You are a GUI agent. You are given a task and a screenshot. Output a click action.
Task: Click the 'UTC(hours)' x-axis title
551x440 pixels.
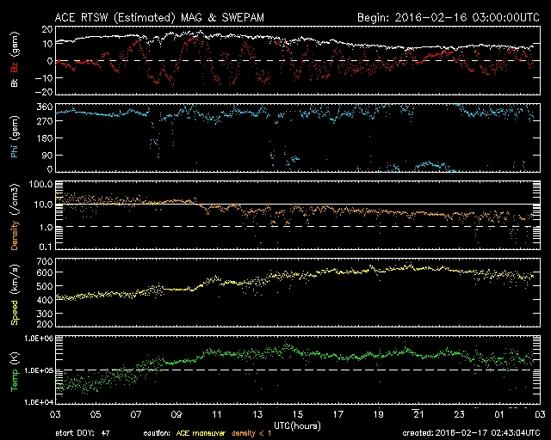(x=297, y=425)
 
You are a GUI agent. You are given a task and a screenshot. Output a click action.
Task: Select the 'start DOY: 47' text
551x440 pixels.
(x=82, y=432)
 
